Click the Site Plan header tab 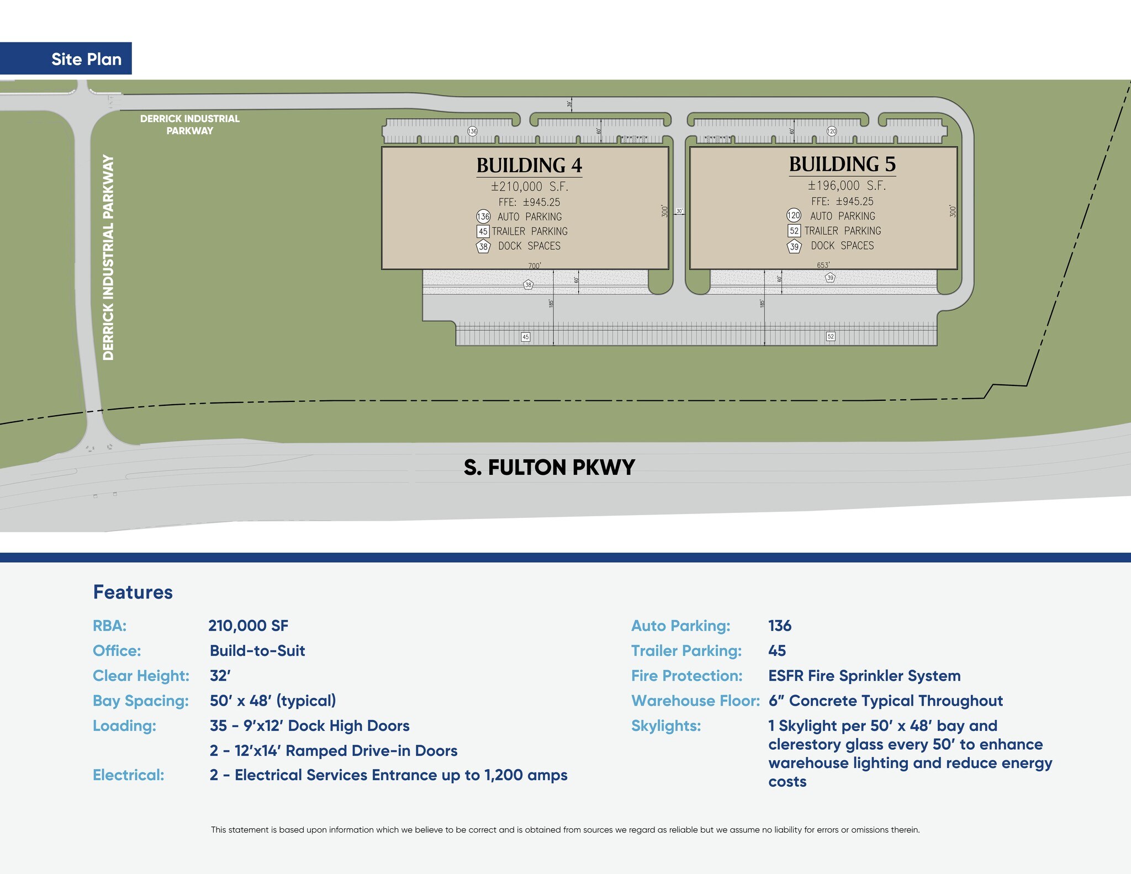[86, 59]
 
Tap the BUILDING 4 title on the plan [529, 165]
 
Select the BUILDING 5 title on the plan [842, 164]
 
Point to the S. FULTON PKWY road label [549, 468]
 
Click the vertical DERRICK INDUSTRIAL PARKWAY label [108, 257]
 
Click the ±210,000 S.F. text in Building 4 [529, 187]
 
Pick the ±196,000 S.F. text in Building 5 [847, 186]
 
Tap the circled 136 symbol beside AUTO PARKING [483, 216]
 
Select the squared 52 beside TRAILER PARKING [794, 231]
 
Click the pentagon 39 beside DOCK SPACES [794, 246]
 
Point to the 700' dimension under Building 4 [534, 266]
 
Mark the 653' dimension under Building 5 [823, 265]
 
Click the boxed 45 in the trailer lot [525, 337]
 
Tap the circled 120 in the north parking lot [832, 131]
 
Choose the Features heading [133, 592]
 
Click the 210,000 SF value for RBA [248, 626]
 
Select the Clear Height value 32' [220, 676]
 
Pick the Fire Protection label [686, 676]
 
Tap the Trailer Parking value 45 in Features [776, 651]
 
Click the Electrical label [128, 775]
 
